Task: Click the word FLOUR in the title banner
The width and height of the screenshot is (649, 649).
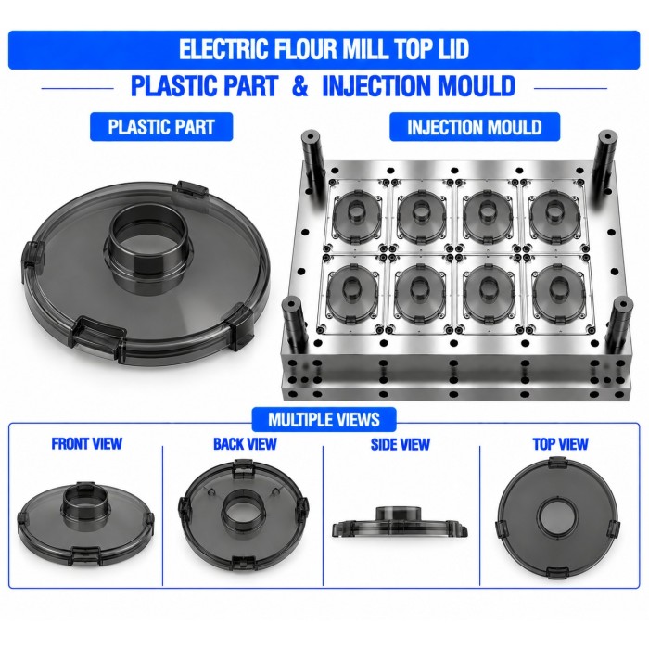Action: click(x=299, y=49)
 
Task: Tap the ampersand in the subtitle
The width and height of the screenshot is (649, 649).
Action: click(x=300, y=85)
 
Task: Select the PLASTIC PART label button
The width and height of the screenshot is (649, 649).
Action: click(x=161, y=127)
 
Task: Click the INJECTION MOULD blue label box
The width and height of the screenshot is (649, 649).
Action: click(x=475, y=127)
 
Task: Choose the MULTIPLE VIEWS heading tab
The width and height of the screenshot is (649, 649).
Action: click(x=324, y=420)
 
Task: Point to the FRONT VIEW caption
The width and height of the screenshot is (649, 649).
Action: click(x=87, y=444)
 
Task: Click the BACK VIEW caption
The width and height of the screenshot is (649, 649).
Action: click(x=245, y=444)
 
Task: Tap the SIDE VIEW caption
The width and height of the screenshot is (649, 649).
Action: click(x=401, y=444)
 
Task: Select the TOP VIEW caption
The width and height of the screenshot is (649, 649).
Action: click(x=560, y=444)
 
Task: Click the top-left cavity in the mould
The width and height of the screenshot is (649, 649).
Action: click(x=355, y=216)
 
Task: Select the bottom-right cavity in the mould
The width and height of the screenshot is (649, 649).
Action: click(x=558, y=294)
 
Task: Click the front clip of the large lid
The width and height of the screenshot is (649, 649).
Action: click(x=98, y=337)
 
